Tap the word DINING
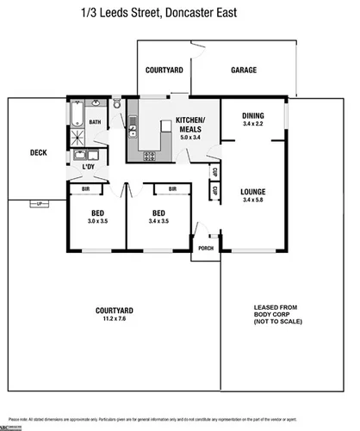click(252, 116)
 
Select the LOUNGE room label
click(252, 191)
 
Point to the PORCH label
click(206, 249)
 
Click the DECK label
click(38, 153)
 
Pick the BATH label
click(95, 122)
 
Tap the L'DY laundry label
click(88, 168)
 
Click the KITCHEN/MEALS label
click(189, 124)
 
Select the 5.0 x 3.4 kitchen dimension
click(189, 138)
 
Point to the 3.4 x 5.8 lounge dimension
click(252, 200)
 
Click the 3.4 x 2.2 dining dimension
click(252, 125)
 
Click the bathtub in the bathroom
click(76, 114)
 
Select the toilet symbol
click(115, 105)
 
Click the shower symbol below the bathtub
click(76, 138)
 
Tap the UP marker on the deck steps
click(38, 203)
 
